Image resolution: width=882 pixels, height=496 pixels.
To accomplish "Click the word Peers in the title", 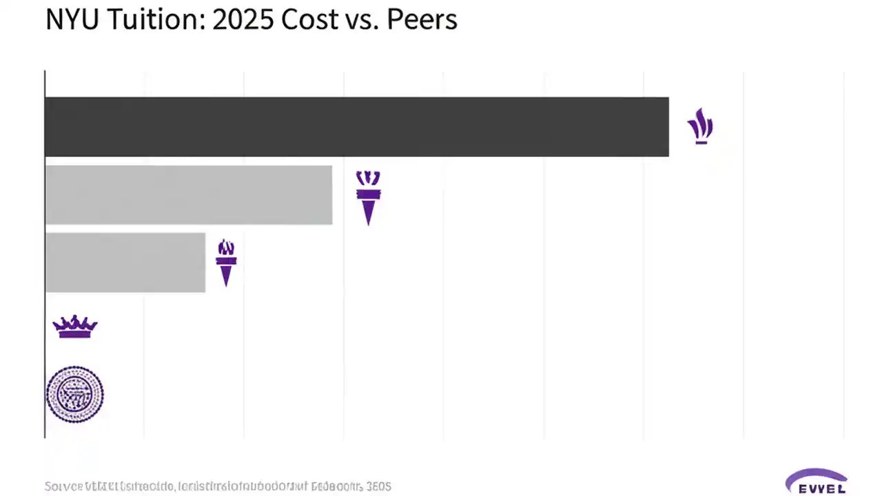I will pos(422,20).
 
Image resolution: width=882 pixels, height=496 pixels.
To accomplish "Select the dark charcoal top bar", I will pos(356,127).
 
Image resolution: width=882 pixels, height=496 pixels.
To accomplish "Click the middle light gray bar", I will pos(188,195).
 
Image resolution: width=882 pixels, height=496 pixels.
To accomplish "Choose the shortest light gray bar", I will pos(125,262).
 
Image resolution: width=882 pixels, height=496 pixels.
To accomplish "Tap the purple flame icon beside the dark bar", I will pos(700,126).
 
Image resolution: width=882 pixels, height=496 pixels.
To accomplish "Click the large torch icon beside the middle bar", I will pos(368,198).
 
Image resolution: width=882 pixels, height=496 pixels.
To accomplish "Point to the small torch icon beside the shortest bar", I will pos(226,262).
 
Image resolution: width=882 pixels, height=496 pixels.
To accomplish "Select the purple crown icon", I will pos(75,327).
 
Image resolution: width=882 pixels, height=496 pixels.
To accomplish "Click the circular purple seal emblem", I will pos(74,394).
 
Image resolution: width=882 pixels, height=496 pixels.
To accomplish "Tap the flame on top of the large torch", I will pos(368,178).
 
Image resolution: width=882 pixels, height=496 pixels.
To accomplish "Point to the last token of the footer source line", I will pos(378,486).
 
